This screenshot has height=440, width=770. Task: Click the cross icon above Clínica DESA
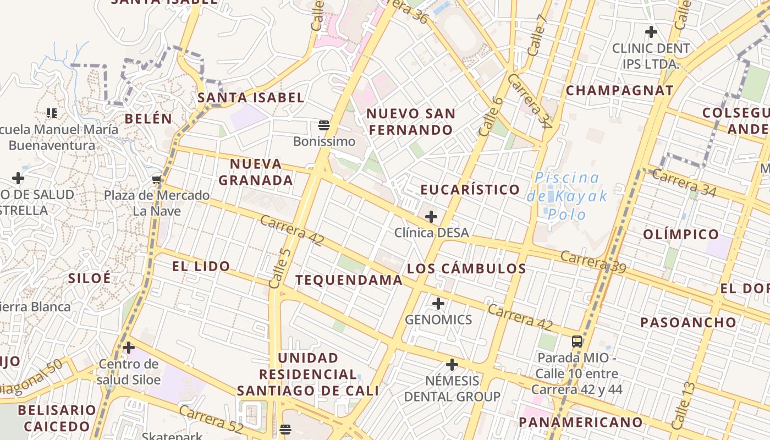tap(431, 217)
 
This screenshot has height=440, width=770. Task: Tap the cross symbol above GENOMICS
tap(438, 304)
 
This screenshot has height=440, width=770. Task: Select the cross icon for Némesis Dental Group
tap(452, 365)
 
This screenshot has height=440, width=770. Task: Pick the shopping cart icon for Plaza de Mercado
tap(157, 180)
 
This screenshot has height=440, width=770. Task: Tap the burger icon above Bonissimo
tap(324, 125)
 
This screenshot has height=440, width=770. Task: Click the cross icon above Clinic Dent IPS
tap(651, 32)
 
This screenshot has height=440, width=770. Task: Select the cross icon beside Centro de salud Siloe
tap(129, 348)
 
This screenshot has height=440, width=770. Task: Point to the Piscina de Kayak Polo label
tap(567, 195)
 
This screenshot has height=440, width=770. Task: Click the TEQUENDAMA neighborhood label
tap(349, 280)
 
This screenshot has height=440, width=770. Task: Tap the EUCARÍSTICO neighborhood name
tap(470, 190)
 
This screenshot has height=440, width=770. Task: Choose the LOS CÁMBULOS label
tap(466, 268)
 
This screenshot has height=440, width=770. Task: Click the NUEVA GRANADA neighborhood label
tap(256, 172)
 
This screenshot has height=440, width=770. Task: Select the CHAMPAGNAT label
tap(620, 91)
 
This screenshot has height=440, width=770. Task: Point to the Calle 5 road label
tap(280, 268)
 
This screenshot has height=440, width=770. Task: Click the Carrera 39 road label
tap(593, 262)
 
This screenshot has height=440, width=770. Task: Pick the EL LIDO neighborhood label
tap(201, 267)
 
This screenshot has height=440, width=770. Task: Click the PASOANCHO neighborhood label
tap(688, 322)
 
